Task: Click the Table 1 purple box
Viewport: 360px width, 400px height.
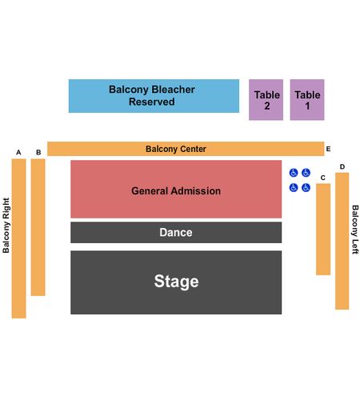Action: click(x=307, y=100)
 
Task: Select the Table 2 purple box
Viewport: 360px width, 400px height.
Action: click(x=266, y=100)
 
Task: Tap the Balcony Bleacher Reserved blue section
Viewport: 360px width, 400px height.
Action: click(x=154, y=96)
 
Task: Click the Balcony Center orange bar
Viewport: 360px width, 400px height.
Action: click(x=186, y=149)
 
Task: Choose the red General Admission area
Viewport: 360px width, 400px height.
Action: click(x=176, y=189)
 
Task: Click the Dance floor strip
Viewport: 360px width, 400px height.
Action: click(x=176, y=232)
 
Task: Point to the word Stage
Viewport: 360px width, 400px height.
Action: click(x=176, y=282)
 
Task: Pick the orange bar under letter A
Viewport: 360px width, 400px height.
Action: click(x=18, y=238)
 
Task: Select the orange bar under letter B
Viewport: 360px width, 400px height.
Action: click(x=38, y=227)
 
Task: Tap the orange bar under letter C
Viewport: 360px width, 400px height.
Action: click(x=323, y=229)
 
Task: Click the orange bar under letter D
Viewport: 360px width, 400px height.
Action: click(x=342, y=241)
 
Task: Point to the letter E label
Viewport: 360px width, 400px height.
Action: click(x=328, y=149)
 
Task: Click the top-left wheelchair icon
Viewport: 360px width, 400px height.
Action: click(x=294, y=173)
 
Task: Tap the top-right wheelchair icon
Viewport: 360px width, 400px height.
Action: click(x=306, y=173)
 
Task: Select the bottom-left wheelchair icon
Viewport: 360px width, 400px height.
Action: click(x=294, y=188)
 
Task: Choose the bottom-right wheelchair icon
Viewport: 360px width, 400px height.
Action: click(x=306, y=188)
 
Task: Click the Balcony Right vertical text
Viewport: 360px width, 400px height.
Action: click(x=6, y=226)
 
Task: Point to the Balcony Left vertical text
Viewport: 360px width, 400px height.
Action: click(x=355, y=230)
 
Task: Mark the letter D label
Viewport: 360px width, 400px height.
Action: click(x=342, y=166)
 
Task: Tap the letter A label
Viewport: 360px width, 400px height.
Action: click(x=18, y=152)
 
